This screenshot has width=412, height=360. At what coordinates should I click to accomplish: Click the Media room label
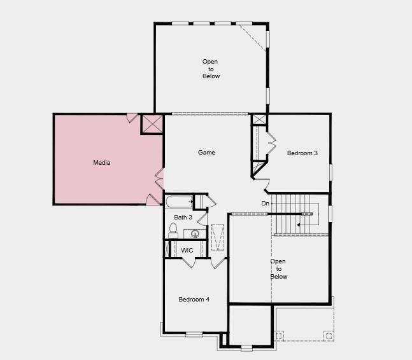pos(102,163)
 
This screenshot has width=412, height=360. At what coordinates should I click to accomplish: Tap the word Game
pos(206,153)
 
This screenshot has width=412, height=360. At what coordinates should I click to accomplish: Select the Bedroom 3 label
pos(302,153)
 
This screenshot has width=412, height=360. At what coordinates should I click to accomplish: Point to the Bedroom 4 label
pos(194,300)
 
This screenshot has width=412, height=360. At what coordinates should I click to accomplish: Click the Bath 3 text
pos(183,218)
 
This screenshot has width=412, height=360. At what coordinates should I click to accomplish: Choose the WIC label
pos(187,251)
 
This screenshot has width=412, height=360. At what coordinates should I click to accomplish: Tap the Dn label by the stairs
pos(266,204)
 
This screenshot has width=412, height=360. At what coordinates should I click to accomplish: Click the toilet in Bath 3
pos(173,232)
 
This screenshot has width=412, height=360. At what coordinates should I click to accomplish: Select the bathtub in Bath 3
pos(178,202)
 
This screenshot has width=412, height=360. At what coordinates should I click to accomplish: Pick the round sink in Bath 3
pos(195,233)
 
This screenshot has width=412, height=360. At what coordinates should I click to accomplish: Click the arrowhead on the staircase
pos(298,224)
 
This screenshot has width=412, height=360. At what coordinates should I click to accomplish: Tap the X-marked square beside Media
pos(152,123)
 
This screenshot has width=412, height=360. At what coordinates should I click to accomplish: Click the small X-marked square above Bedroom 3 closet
pos(259,120)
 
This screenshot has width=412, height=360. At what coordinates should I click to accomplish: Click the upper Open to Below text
pos(211,69)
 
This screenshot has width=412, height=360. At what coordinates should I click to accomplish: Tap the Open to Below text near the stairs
pos(278,269)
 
